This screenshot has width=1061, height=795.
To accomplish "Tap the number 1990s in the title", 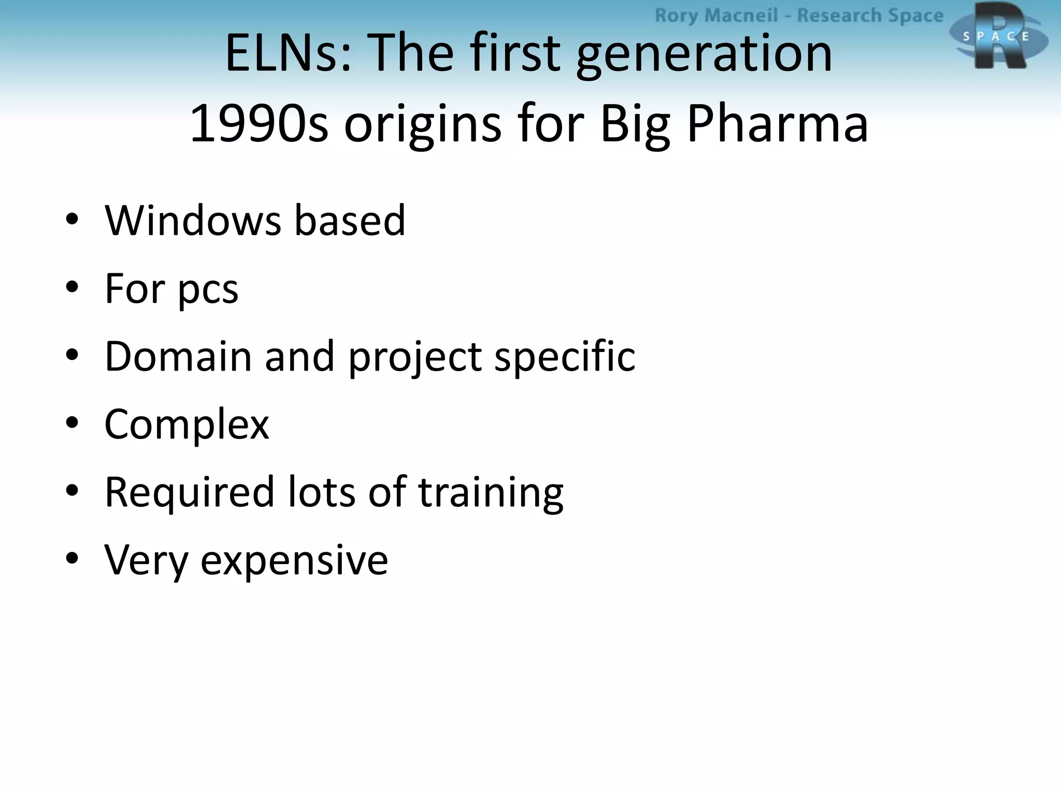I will coord(259,124).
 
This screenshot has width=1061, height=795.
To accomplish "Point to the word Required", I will coord(189,492).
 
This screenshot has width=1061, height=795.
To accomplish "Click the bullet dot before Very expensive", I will coord(72,558).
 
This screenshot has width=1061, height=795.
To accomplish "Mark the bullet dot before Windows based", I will coord(72,219).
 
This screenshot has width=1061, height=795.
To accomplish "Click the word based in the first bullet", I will coord(350,220).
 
